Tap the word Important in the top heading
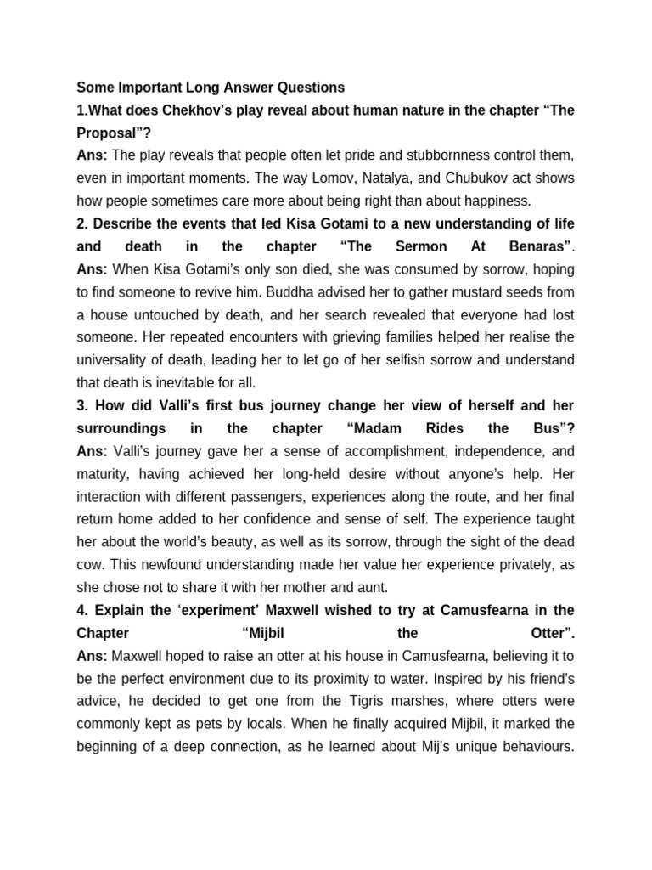coord(154,88)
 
